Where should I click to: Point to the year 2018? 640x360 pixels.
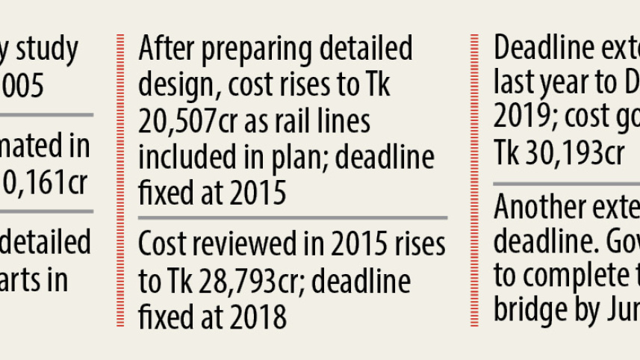257,317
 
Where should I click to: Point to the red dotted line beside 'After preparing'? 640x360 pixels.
119,179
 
